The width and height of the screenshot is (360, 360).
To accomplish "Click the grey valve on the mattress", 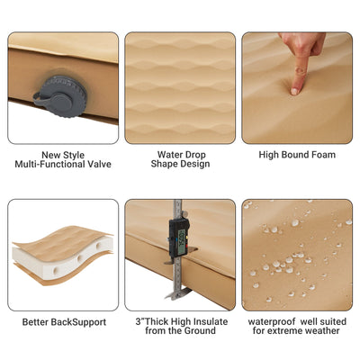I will (51, 91).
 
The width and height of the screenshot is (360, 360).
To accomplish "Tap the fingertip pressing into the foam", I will (294, 89).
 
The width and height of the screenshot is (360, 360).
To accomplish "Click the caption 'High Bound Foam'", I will (297, 155).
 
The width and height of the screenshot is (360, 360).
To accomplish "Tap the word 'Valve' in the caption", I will (98, 165).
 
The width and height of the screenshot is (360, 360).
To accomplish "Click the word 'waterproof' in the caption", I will (271, 320).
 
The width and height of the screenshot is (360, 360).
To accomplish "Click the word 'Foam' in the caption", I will (321, 155).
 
